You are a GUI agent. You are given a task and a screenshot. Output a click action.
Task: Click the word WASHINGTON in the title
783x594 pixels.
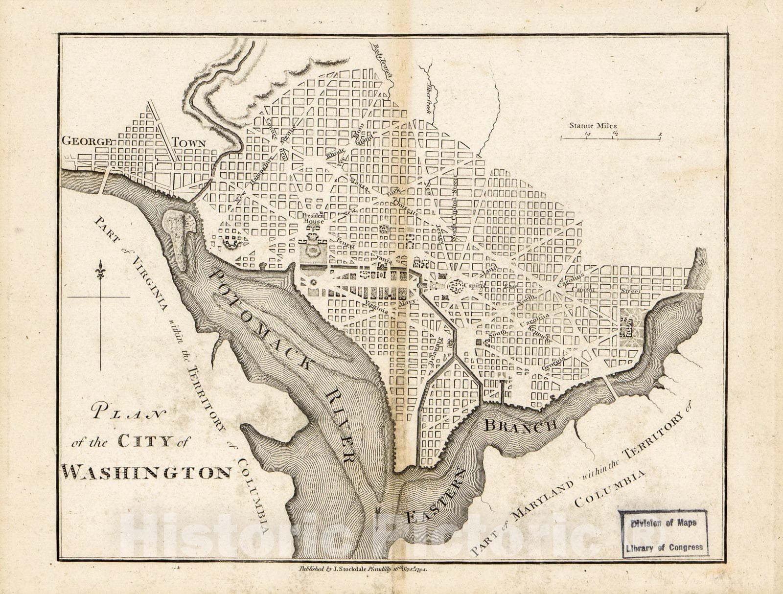[x=147, y=472]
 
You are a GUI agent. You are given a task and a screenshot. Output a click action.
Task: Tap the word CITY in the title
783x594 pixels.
[x=145, y=441]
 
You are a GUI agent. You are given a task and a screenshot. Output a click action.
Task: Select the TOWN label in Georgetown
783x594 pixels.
[x=188, y=142]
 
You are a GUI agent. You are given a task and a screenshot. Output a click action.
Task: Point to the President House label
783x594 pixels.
[x=313, y=218]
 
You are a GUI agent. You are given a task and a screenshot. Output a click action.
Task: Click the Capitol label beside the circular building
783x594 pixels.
[x=473, y=285]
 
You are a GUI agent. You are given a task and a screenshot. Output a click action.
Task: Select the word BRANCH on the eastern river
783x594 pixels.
[x=521, y=425]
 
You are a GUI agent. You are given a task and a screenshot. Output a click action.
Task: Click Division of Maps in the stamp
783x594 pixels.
[x=663, y=523]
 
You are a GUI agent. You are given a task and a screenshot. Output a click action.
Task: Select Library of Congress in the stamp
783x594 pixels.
[x=664, y=548]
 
